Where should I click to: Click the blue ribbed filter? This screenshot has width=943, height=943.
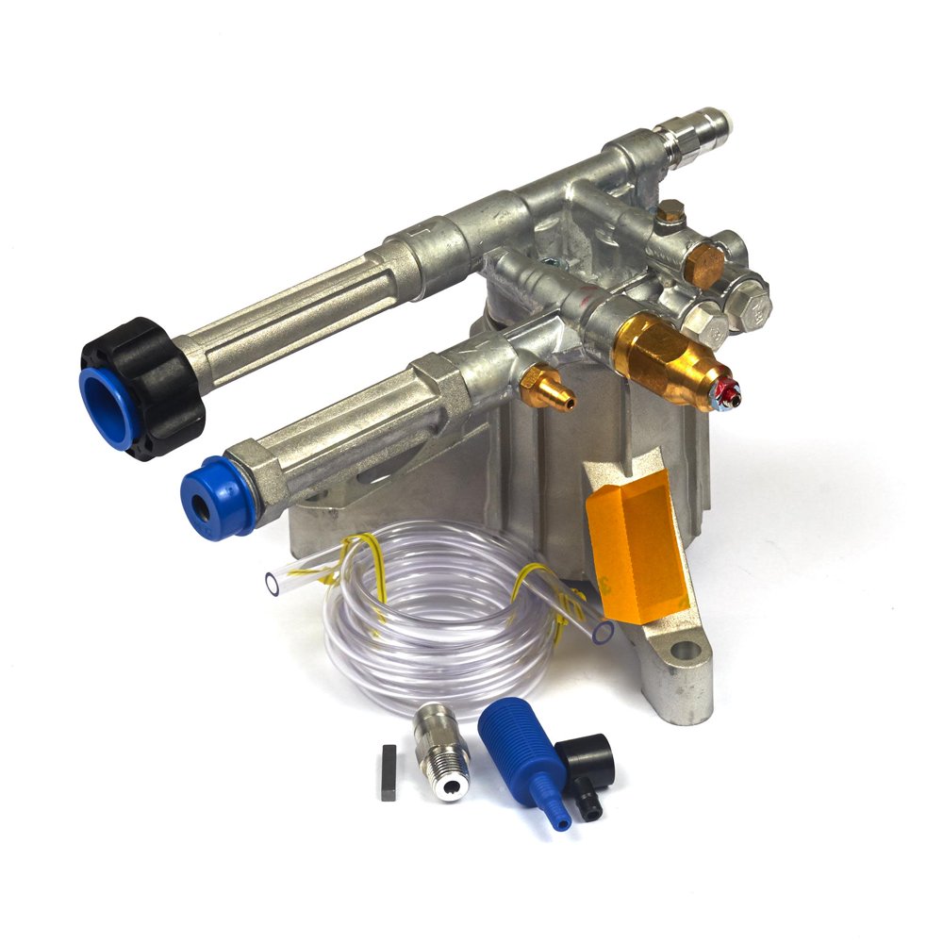tap(524, 754)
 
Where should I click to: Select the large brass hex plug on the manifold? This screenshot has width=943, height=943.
tap(703, 259)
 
